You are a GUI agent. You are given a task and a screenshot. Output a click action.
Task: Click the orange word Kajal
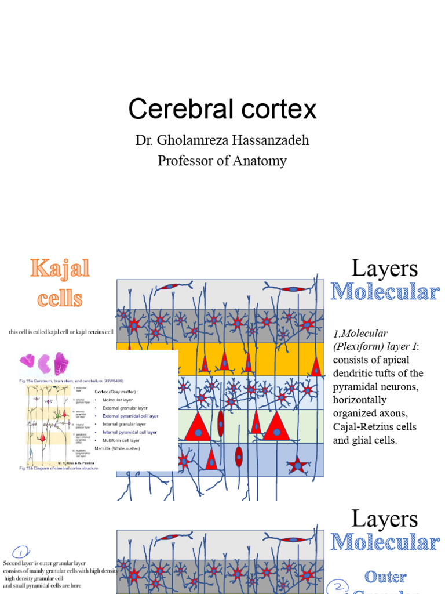60,269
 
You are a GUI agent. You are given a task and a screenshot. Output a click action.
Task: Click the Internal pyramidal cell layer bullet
130,432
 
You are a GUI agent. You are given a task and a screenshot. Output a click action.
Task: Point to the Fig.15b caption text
59,468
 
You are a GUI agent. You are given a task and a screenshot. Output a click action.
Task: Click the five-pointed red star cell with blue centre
298,464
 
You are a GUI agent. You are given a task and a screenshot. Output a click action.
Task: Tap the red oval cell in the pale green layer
221,423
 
